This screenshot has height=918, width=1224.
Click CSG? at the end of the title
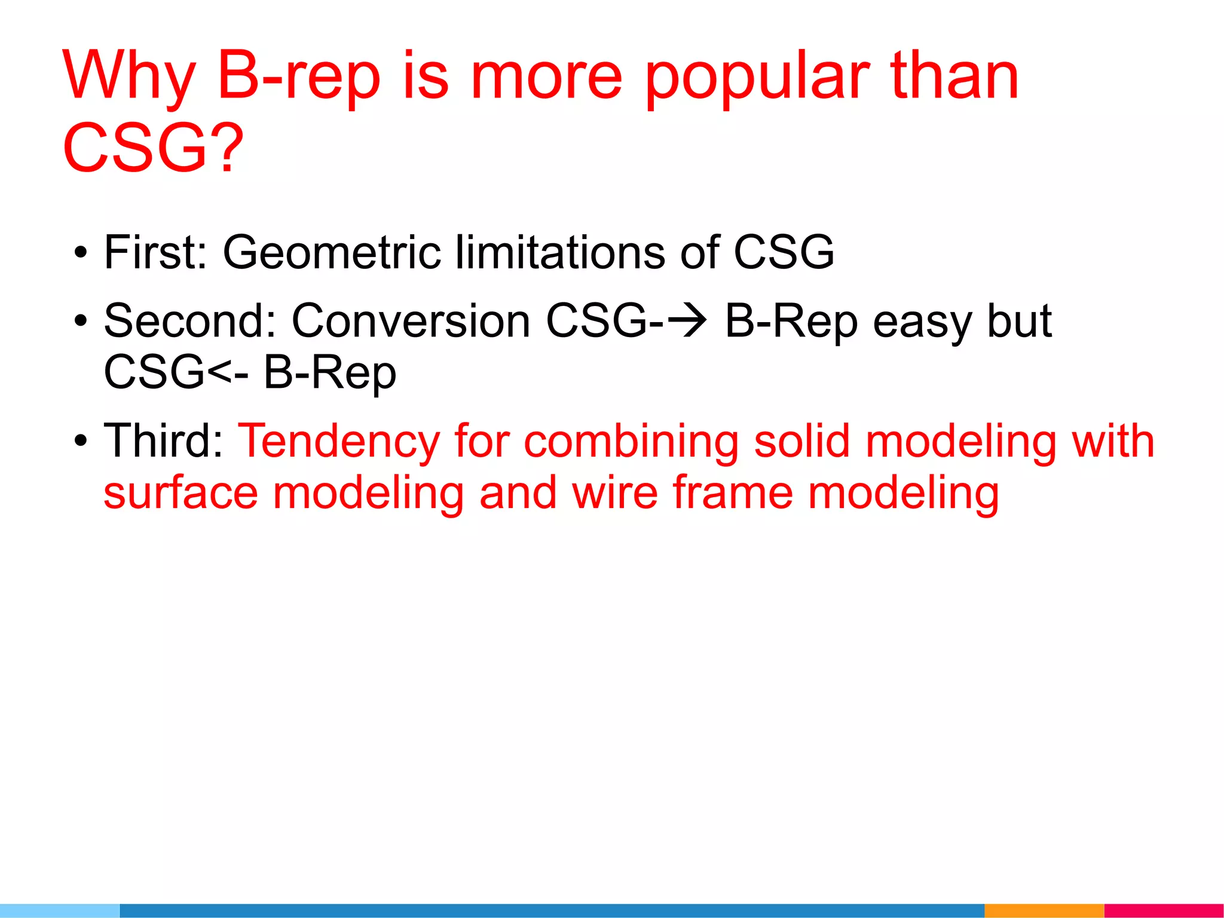tap(153, 148)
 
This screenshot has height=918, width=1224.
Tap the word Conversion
tap(411, 321)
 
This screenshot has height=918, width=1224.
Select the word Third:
tap(163, 441)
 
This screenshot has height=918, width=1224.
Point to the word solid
tap(801, 441)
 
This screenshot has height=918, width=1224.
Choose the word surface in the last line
tap(181, 493)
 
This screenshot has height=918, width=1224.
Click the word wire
tap(615, 493)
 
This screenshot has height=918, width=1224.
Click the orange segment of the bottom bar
tap(1044, 910)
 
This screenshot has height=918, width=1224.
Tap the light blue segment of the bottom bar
tap(60, 910)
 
